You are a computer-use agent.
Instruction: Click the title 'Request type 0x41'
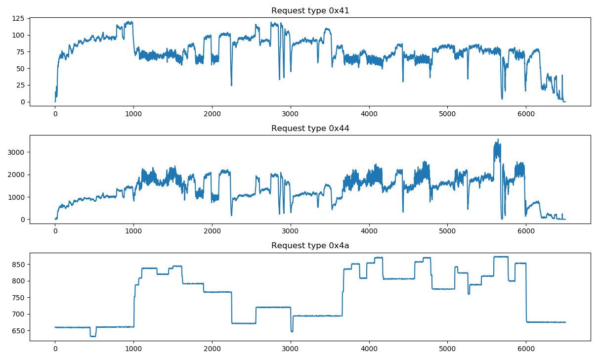pyautogui.click(x=310, y=11)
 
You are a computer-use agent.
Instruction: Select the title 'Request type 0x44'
pyautogui.click(x=310, y=129)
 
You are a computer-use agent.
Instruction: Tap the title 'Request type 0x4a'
pyautogui.click(x=310, y=246)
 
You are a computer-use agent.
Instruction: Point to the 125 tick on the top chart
pyautogui.click(x=19, y=18)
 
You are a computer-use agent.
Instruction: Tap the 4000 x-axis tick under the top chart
pyautogui.click(x=369, y=113)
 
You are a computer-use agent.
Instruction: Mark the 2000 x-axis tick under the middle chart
pyautogui.click(x=212, y=231)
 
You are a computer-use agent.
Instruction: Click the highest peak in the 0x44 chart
pyautogui.click(x=498, y=140)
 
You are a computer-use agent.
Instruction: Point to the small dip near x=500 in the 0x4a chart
pyautogui.click(x=93, y=336)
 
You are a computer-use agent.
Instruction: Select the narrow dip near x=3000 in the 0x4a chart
pyautogui.click(x=292, y=331)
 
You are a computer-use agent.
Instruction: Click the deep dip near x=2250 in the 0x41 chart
pyautogui.click(x=231, y=85)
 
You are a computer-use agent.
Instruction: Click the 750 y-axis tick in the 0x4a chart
pyautogui.click(x=19, y=298)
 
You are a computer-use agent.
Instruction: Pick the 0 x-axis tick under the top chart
pyautogui.click(x=55, y=113)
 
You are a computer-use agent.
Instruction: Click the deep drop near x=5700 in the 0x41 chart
pyautogui.click(x=502, y=98)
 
